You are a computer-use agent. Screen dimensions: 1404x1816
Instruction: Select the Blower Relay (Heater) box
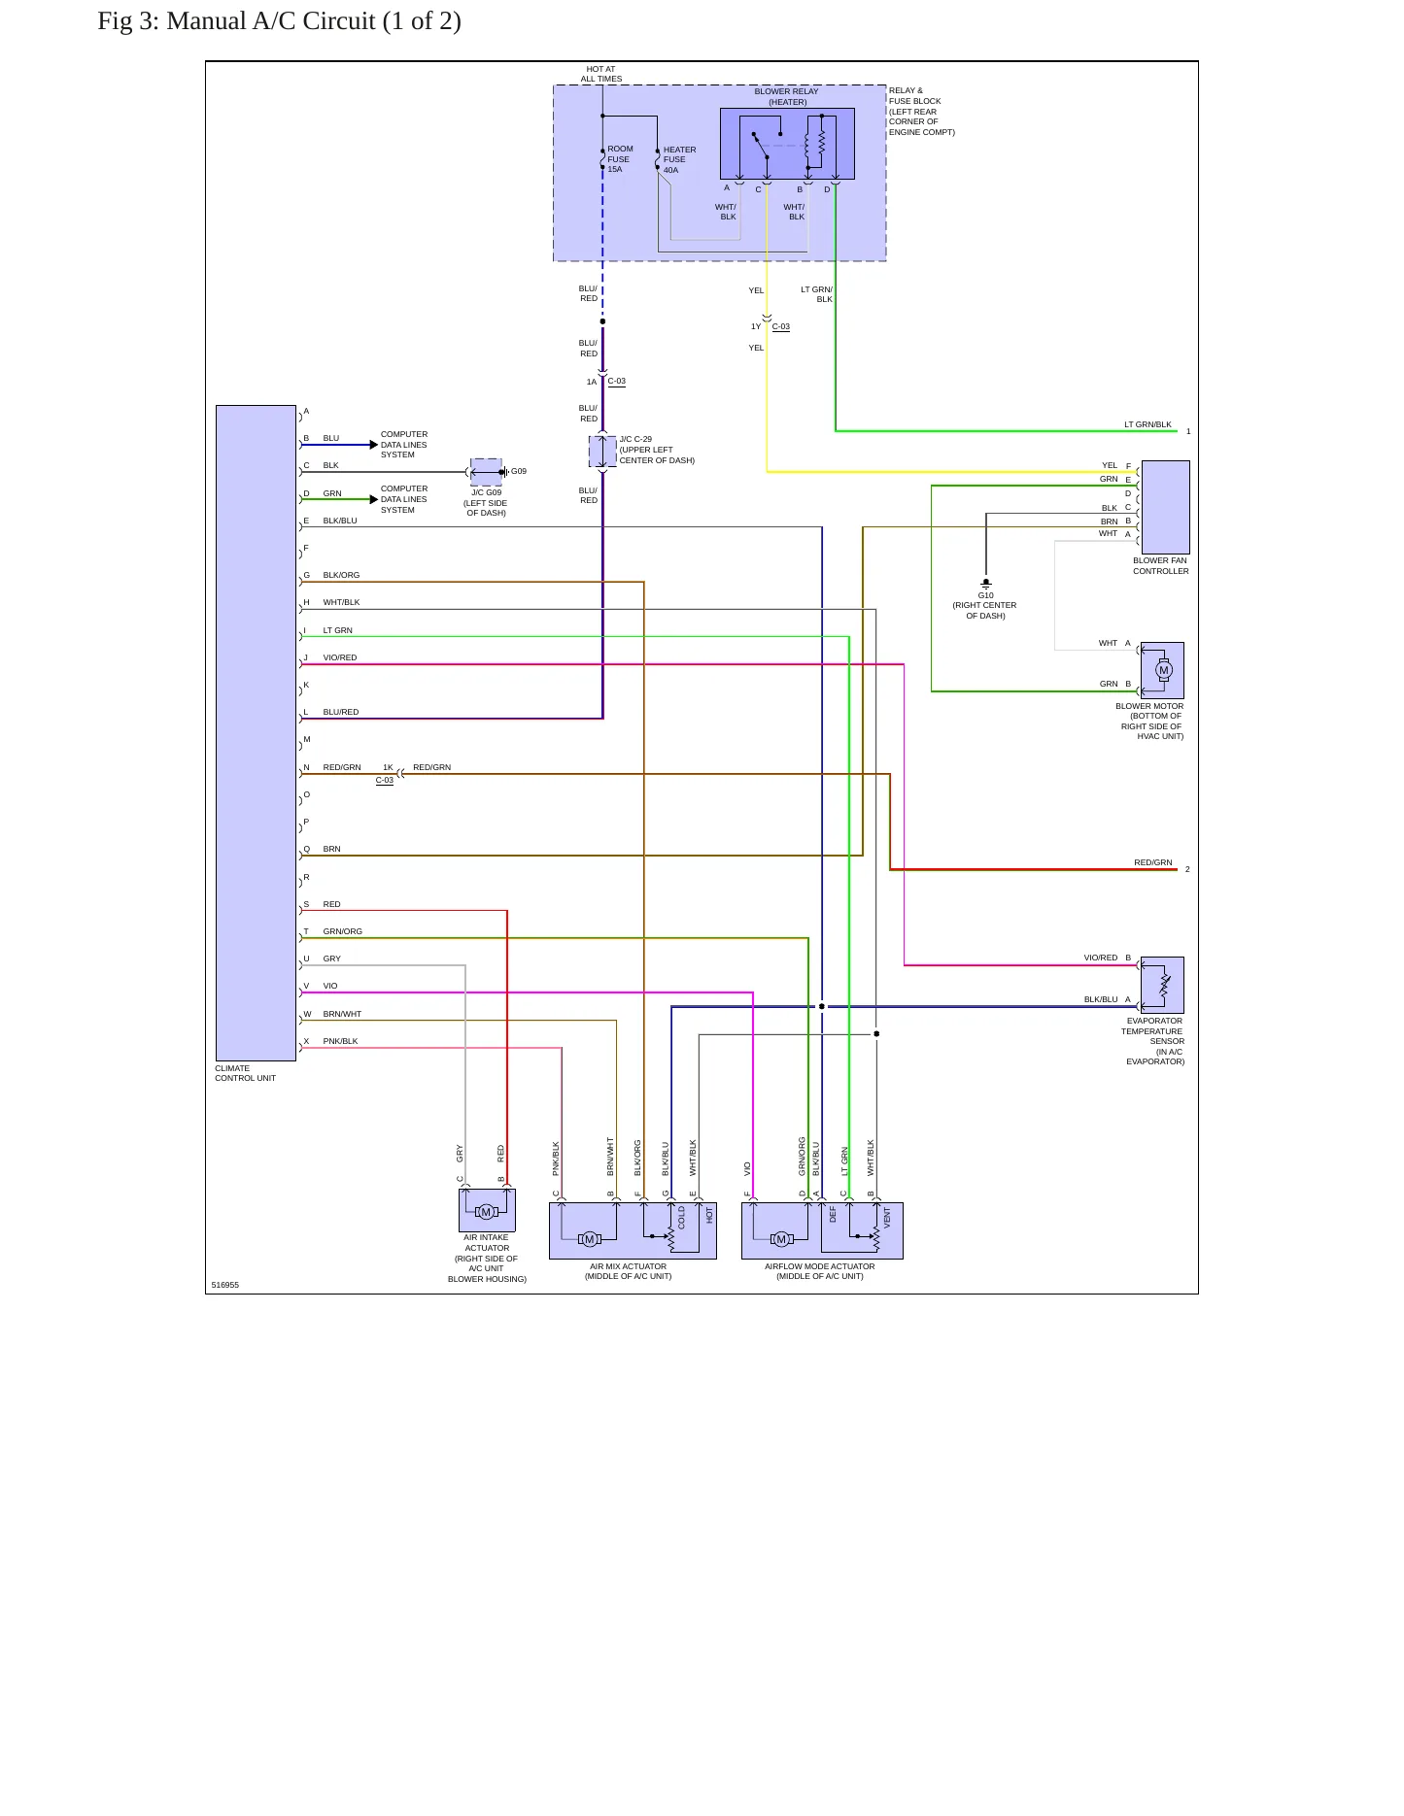(787, 144)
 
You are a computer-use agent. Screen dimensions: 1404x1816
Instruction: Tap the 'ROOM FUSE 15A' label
(620, 159)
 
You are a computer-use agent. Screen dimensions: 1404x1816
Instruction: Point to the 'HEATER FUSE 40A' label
(679, 160)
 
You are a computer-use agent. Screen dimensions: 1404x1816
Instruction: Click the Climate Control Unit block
(256, 733)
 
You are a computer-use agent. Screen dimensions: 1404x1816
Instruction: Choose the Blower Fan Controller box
(1165, 507)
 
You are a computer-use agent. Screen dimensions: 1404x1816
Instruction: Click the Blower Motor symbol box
(1162, 670)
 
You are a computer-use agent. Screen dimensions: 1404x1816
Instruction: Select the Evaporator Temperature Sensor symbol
(1162, 985)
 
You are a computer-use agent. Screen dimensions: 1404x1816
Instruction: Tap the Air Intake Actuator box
(487, 1210)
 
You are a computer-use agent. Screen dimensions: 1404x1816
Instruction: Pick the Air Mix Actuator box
(633, 1230)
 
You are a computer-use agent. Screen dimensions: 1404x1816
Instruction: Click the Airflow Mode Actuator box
(822, 1230)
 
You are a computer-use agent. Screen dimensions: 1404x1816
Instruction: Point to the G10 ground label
(985, 595)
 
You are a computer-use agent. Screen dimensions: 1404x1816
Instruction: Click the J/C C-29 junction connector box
(602, 452)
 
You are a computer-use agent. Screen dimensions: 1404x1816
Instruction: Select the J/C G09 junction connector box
(486, 472)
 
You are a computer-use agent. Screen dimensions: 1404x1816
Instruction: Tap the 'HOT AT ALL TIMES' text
(601, 74)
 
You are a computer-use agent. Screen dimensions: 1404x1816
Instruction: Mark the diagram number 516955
(224, 1285)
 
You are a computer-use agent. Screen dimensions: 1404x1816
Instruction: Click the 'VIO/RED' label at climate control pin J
(340, 657)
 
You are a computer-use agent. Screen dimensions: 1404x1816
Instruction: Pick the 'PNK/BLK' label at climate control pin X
(340, 1041)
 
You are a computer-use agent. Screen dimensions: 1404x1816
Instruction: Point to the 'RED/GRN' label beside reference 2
(1152, 862)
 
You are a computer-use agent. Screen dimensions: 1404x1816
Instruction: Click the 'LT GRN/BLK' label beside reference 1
(1147, 424)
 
